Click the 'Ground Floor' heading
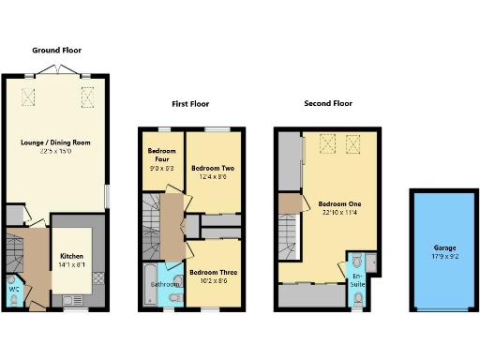57,50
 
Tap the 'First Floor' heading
190,104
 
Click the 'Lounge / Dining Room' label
55,142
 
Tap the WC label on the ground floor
13,289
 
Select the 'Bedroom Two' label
216,156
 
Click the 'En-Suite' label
358,278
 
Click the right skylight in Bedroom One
353,142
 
